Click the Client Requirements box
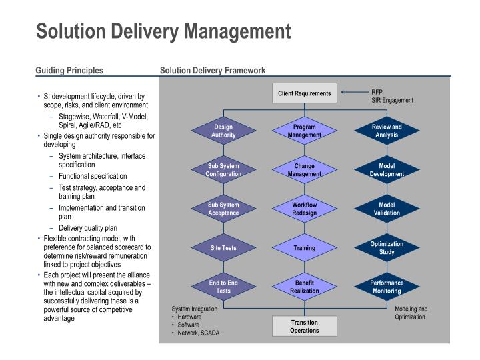(305, 93)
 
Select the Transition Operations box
(305, 326)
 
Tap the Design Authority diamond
(223, 131)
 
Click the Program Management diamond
(305, 131)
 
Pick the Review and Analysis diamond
(387, 131)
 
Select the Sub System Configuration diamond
(223, 170)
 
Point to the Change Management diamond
(305, 170)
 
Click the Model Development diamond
(387, 170)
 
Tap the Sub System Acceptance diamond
(223, 209)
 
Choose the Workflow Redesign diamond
(305, 209)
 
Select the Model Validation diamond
(387, 209)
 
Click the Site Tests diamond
(223, 248)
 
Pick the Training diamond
(305, 248)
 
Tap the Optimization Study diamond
(387, 248)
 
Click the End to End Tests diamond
(223, 287)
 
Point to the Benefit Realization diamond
(305, 287)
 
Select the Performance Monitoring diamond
(387, 287)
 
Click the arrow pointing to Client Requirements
(353, 92)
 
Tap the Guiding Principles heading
(69, 70)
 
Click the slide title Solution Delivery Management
(163, 31)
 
